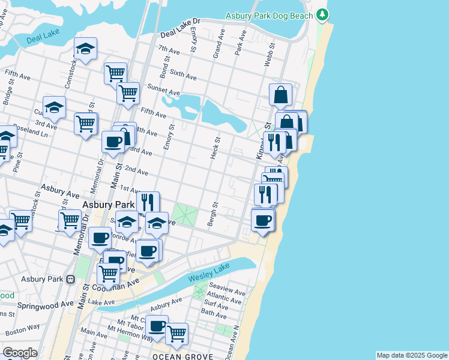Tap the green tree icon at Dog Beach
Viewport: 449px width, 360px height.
tap(323, 14)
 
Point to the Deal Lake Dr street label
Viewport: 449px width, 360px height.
tap(179, 25)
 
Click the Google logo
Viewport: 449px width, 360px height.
tap(20, 352)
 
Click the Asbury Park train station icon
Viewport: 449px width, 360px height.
tap(70, 279)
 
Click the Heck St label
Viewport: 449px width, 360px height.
tap(215, 145)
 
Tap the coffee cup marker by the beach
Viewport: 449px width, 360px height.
tap(262, 221)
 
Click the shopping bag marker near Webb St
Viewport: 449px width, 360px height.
tap(280, 95)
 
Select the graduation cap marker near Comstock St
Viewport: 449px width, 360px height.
tap(86, 50)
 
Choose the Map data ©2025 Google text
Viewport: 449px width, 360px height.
tap(411, 355)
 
